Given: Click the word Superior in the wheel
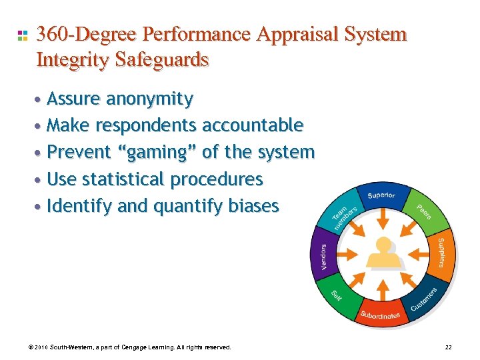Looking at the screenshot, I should pos(381,195).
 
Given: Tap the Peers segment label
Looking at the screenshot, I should pos(425,211).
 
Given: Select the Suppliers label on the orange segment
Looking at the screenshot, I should pos(442,252).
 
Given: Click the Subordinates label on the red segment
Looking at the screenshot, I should pos(380,315).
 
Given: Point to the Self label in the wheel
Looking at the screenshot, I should pos(337,295).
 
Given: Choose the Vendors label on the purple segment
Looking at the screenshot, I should pos(323,257).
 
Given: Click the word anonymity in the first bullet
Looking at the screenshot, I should pos(150,99).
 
